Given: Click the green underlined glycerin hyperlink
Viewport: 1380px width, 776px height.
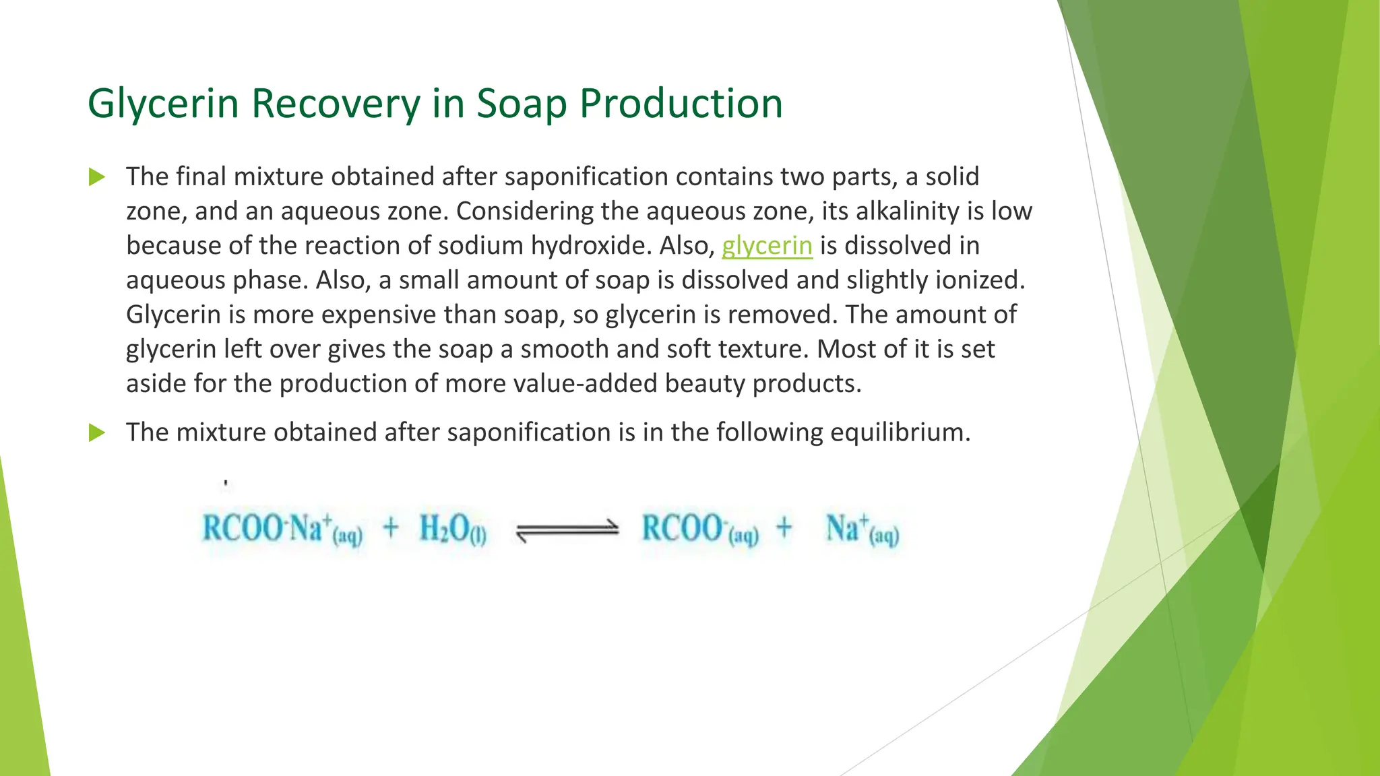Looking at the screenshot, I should pyautogui.click(x=767, y=246).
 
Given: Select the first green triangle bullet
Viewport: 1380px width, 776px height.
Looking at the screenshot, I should pyautogui.click(x=97, y=178).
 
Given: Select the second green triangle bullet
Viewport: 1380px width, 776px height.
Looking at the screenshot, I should pyautogui.click(x=97, y=432).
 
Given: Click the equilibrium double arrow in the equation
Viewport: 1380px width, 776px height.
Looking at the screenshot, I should pyautogui.click(x=567, y=530).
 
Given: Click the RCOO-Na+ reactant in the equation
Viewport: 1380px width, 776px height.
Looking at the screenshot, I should pyautogui.click(x=282, y=529).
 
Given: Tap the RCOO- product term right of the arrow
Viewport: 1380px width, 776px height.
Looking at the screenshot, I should pyautogui.click(x=699, y=529).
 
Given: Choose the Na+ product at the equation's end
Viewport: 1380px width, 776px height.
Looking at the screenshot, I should pyautogui.click(x=862, y=529).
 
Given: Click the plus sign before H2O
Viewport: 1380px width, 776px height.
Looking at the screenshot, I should pyautogui.click(x=391, y=527).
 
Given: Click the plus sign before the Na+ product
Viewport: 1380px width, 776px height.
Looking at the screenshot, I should pyautogui.click(x=784, y=527).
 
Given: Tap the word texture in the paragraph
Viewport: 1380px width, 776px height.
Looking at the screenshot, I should pyautogui.click(x=764, y=349).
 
